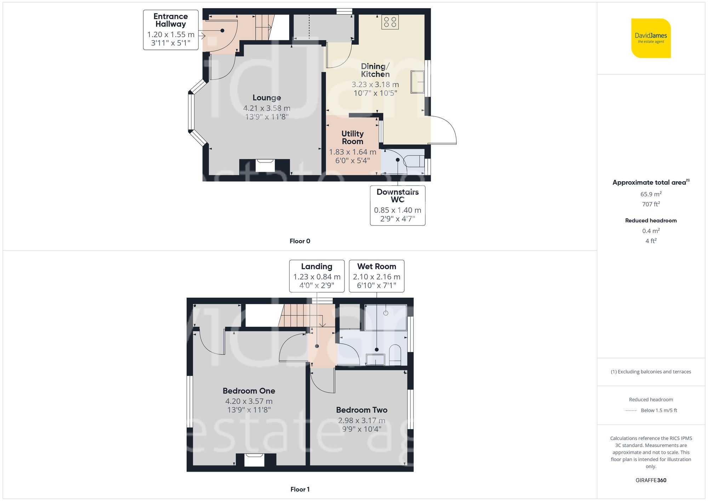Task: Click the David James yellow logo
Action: point(651,38)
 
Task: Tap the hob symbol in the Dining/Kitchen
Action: point(390,22)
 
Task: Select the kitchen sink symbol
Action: point(417,82)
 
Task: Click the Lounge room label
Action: point(267,98)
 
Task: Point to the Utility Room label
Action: point(352,137)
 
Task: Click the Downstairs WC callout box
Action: point(398,205)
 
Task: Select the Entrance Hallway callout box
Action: point(171,30)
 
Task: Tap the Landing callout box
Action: point(316,276)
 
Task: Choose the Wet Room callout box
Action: point(376,276)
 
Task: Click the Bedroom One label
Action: point(249,391)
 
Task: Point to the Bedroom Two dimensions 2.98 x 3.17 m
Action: point(361,421)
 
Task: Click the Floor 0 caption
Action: point(299,241)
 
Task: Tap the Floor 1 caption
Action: point(299,489)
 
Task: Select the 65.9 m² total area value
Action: point(651,194)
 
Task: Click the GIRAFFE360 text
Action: point(651,480)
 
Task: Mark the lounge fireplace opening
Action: point(265,166)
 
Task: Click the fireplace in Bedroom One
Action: point(254,460)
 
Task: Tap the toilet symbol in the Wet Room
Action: point(395,354)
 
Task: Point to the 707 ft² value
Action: point(651,204)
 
